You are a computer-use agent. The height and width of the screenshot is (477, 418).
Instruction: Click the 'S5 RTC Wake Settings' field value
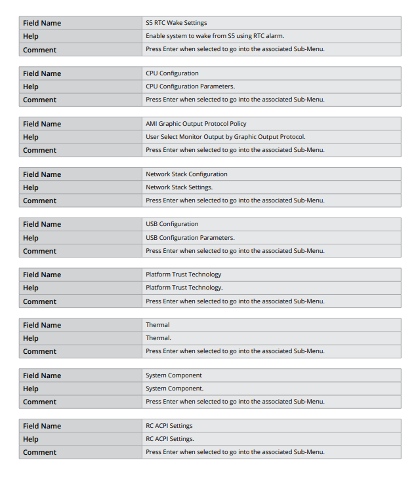pos(176,23)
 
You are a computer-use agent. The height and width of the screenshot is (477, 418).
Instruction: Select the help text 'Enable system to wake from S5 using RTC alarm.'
pos(215,36)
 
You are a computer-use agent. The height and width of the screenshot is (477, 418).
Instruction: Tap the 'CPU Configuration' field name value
pos(172,73)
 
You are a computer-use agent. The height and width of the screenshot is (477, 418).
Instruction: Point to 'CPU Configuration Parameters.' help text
pos(190,86)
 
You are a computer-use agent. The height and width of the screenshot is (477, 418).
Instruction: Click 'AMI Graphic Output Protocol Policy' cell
pos(196,124)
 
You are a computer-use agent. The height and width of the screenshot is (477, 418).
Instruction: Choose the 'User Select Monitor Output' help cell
pos(225,137)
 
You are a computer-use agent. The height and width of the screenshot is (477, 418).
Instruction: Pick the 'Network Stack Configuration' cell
pos(186,174)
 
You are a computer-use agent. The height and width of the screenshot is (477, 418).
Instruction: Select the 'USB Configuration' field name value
pos(172,224)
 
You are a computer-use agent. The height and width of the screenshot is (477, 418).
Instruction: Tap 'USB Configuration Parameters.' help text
pos(190,238)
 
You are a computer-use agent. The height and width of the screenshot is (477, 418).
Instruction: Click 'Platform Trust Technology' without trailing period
pos(184,275)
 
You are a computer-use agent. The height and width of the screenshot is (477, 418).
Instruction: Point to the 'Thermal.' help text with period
pos(158,338)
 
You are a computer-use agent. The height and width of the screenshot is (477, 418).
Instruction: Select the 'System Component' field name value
pos(173,375)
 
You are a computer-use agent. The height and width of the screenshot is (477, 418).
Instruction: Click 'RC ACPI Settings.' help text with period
pos(170,439)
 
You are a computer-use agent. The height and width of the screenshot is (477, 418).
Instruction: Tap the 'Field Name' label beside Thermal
pos(42,325)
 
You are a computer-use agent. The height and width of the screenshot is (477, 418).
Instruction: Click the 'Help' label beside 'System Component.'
pos(31,389)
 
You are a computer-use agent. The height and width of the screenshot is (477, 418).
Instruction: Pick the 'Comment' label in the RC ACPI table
pos(39,452)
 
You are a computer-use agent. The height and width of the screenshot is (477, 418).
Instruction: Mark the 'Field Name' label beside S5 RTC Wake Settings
pos(42,23)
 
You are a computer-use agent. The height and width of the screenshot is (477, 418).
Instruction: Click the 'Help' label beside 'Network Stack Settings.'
pos(31,187)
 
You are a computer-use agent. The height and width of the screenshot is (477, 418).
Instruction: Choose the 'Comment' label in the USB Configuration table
pos(39,251)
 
